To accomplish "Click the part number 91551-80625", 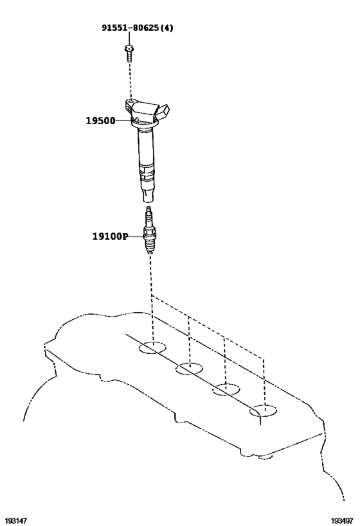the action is pyautogui.click(x=130, y=28).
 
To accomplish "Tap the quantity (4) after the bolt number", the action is pyautogui.click(x=166, y=28).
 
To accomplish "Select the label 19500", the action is pyautogui.click(x=100, y=121).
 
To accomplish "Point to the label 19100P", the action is pyautogui.click(x=110, y=236).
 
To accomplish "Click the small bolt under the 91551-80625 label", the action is pyautogui.click(x=129, y=54).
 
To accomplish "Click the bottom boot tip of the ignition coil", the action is pyautogui.click(x=148, y=197).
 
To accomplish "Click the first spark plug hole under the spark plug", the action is pyautogui.click(x=152, y=347).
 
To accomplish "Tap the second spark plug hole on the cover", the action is pyautogui.click(x=189, y=369).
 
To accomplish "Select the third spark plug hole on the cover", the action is pyautogui.click(x=226, y=389).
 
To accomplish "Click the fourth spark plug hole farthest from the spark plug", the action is pyautogui.click(x=263, y=410).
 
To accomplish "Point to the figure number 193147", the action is pyautogui.click(x=15, y=521).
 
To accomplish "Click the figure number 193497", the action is pyautogui.click(x=342, y=521).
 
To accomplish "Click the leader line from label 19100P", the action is pyautogui.click(x=136, y=236).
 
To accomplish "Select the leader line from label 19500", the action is pyautogui.click(x=124, y=120).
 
